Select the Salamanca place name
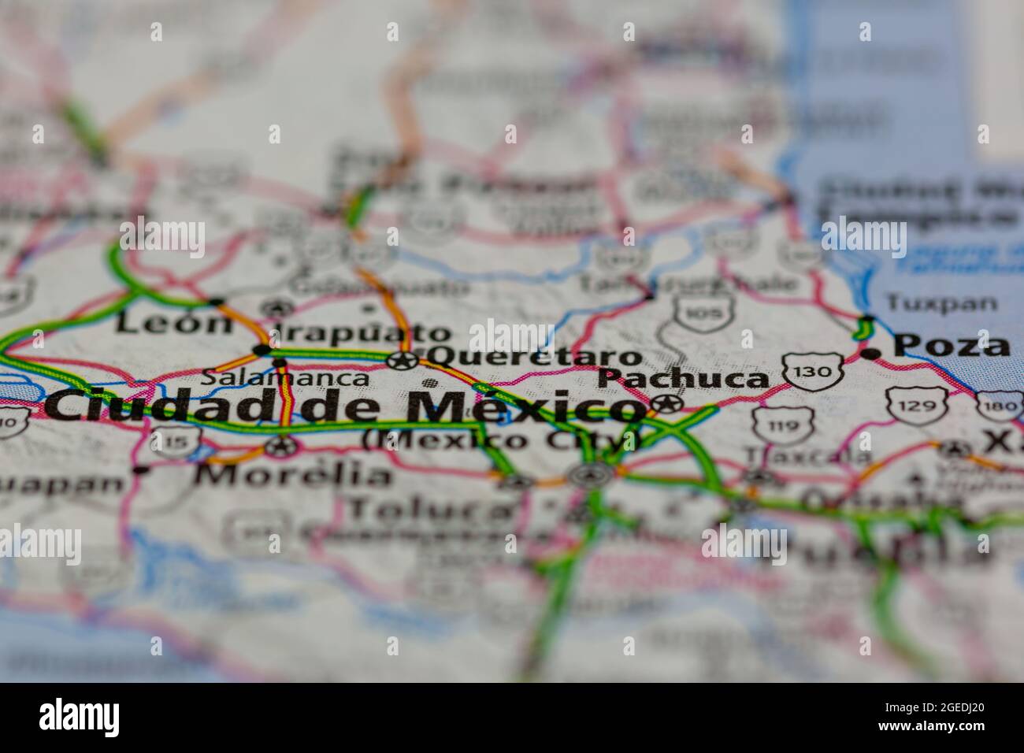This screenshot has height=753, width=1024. [284, 378]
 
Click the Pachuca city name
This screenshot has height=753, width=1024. [683, 379]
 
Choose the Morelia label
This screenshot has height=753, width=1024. [293, 475]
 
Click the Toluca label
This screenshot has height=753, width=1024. [429, 510]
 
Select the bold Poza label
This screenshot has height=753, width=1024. [952, 346]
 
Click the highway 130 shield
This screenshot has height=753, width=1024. [813, 371]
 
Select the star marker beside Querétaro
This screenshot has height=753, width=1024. [403, 361]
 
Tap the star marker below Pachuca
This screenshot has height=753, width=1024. [666, 405]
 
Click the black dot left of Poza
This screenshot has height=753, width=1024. [870, 354]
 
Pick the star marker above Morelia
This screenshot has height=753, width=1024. [280, 447]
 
